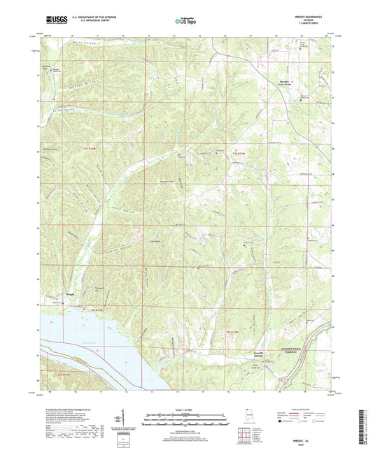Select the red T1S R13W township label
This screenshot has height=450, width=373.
[x=240, y=153]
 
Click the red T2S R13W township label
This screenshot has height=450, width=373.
[x=237, y=330]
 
